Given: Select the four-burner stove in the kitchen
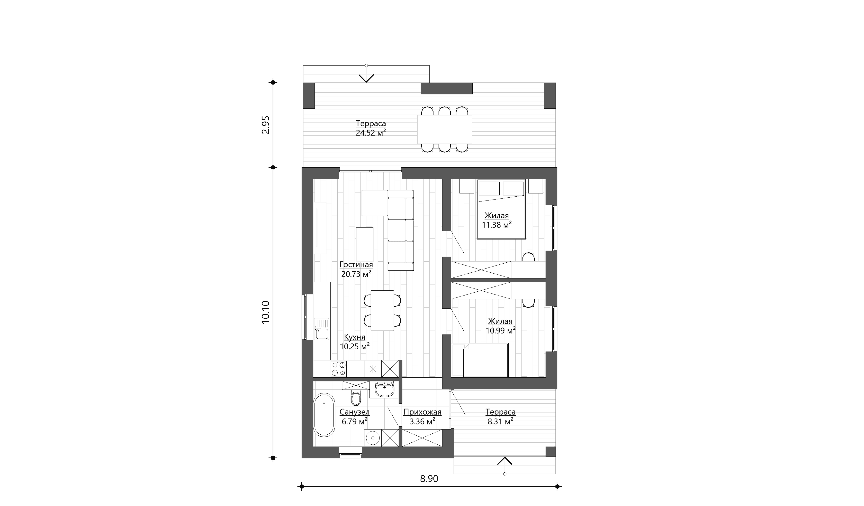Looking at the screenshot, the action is pyautogui.click(x=99, y=369).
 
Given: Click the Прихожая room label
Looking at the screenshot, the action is pyautogui.click(x=422, y=412).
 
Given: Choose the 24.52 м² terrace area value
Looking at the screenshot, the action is pyautogui.click(x=371, y=133).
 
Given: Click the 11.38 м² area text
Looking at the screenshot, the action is pyautogui.click(x=497, y=225).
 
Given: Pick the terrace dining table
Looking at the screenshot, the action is pyautogui.click(x=444, y=129).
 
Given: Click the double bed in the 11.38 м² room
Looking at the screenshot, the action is pyautogui.click(x=501, y=209).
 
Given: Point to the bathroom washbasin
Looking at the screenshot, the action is pyautogui.click(x=385, y=389).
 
